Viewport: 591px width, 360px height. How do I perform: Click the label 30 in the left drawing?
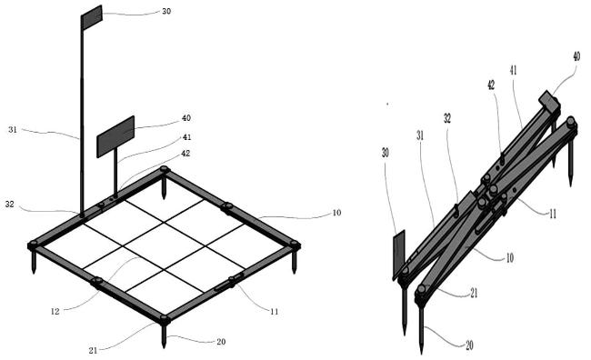click(166, 11)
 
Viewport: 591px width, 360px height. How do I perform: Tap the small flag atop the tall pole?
click(92, 17)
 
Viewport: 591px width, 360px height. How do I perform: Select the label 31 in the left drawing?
click(13, 130)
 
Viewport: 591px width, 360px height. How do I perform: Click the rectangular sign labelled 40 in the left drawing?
click(115, 136)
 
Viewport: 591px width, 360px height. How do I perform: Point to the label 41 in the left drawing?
click(187, 137)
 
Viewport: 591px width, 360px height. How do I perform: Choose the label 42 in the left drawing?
click(185, 154)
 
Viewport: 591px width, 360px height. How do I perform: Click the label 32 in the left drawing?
click(10, 205)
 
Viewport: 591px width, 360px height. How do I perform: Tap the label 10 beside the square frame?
click(336, 213)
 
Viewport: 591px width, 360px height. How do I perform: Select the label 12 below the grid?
click(55, 312)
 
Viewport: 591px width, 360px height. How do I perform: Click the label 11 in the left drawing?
click(274, 312)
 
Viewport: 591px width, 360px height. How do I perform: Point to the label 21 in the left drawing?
click(93, 351)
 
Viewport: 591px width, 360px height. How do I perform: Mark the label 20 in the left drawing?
click(221, 342)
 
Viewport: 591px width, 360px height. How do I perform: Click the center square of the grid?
click(165, 245)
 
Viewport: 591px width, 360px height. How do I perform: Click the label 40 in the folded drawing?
click(576, 56)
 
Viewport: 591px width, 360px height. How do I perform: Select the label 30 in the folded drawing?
click(386, 153)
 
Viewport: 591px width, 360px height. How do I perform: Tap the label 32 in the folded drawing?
click(447, 119)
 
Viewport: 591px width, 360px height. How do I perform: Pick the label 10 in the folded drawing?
click(509, 258)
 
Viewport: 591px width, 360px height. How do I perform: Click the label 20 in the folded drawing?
click(470, 345)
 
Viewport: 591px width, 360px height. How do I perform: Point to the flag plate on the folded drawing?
click(399, 255)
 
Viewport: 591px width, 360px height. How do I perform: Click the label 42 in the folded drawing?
click(491, 85)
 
